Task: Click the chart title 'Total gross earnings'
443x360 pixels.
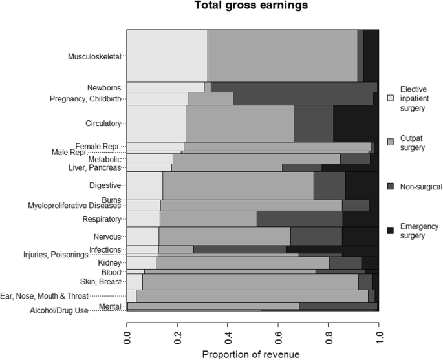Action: (x=252, y=7)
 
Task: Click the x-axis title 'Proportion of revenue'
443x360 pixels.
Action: (x=252, y=354)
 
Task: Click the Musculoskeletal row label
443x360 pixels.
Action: (x=95, y=56)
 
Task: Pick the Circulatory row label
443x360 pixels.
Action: (x=103, y=123)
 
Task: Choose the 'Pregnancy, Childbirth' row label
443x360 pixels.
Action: (x=85, y=99)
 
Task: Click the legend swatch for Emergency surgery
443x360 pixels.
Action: (x=391, y=230)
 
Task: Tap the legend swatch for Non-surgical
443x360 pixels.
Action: (x=391, y=187)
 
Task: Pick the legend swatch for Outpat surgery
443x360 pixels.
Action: (x=391, y=142)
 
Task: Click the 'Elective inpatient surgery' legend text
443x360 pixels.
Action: (x=412, y=98)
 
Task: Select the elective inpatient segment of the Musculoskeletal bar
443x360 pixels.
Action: (x=167, y=56)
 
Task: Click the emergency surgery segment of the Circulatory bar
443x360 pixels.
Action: (x=356, y=123)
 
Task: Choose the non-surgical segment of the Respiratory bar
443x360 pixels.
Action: (x=299, y=218)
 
